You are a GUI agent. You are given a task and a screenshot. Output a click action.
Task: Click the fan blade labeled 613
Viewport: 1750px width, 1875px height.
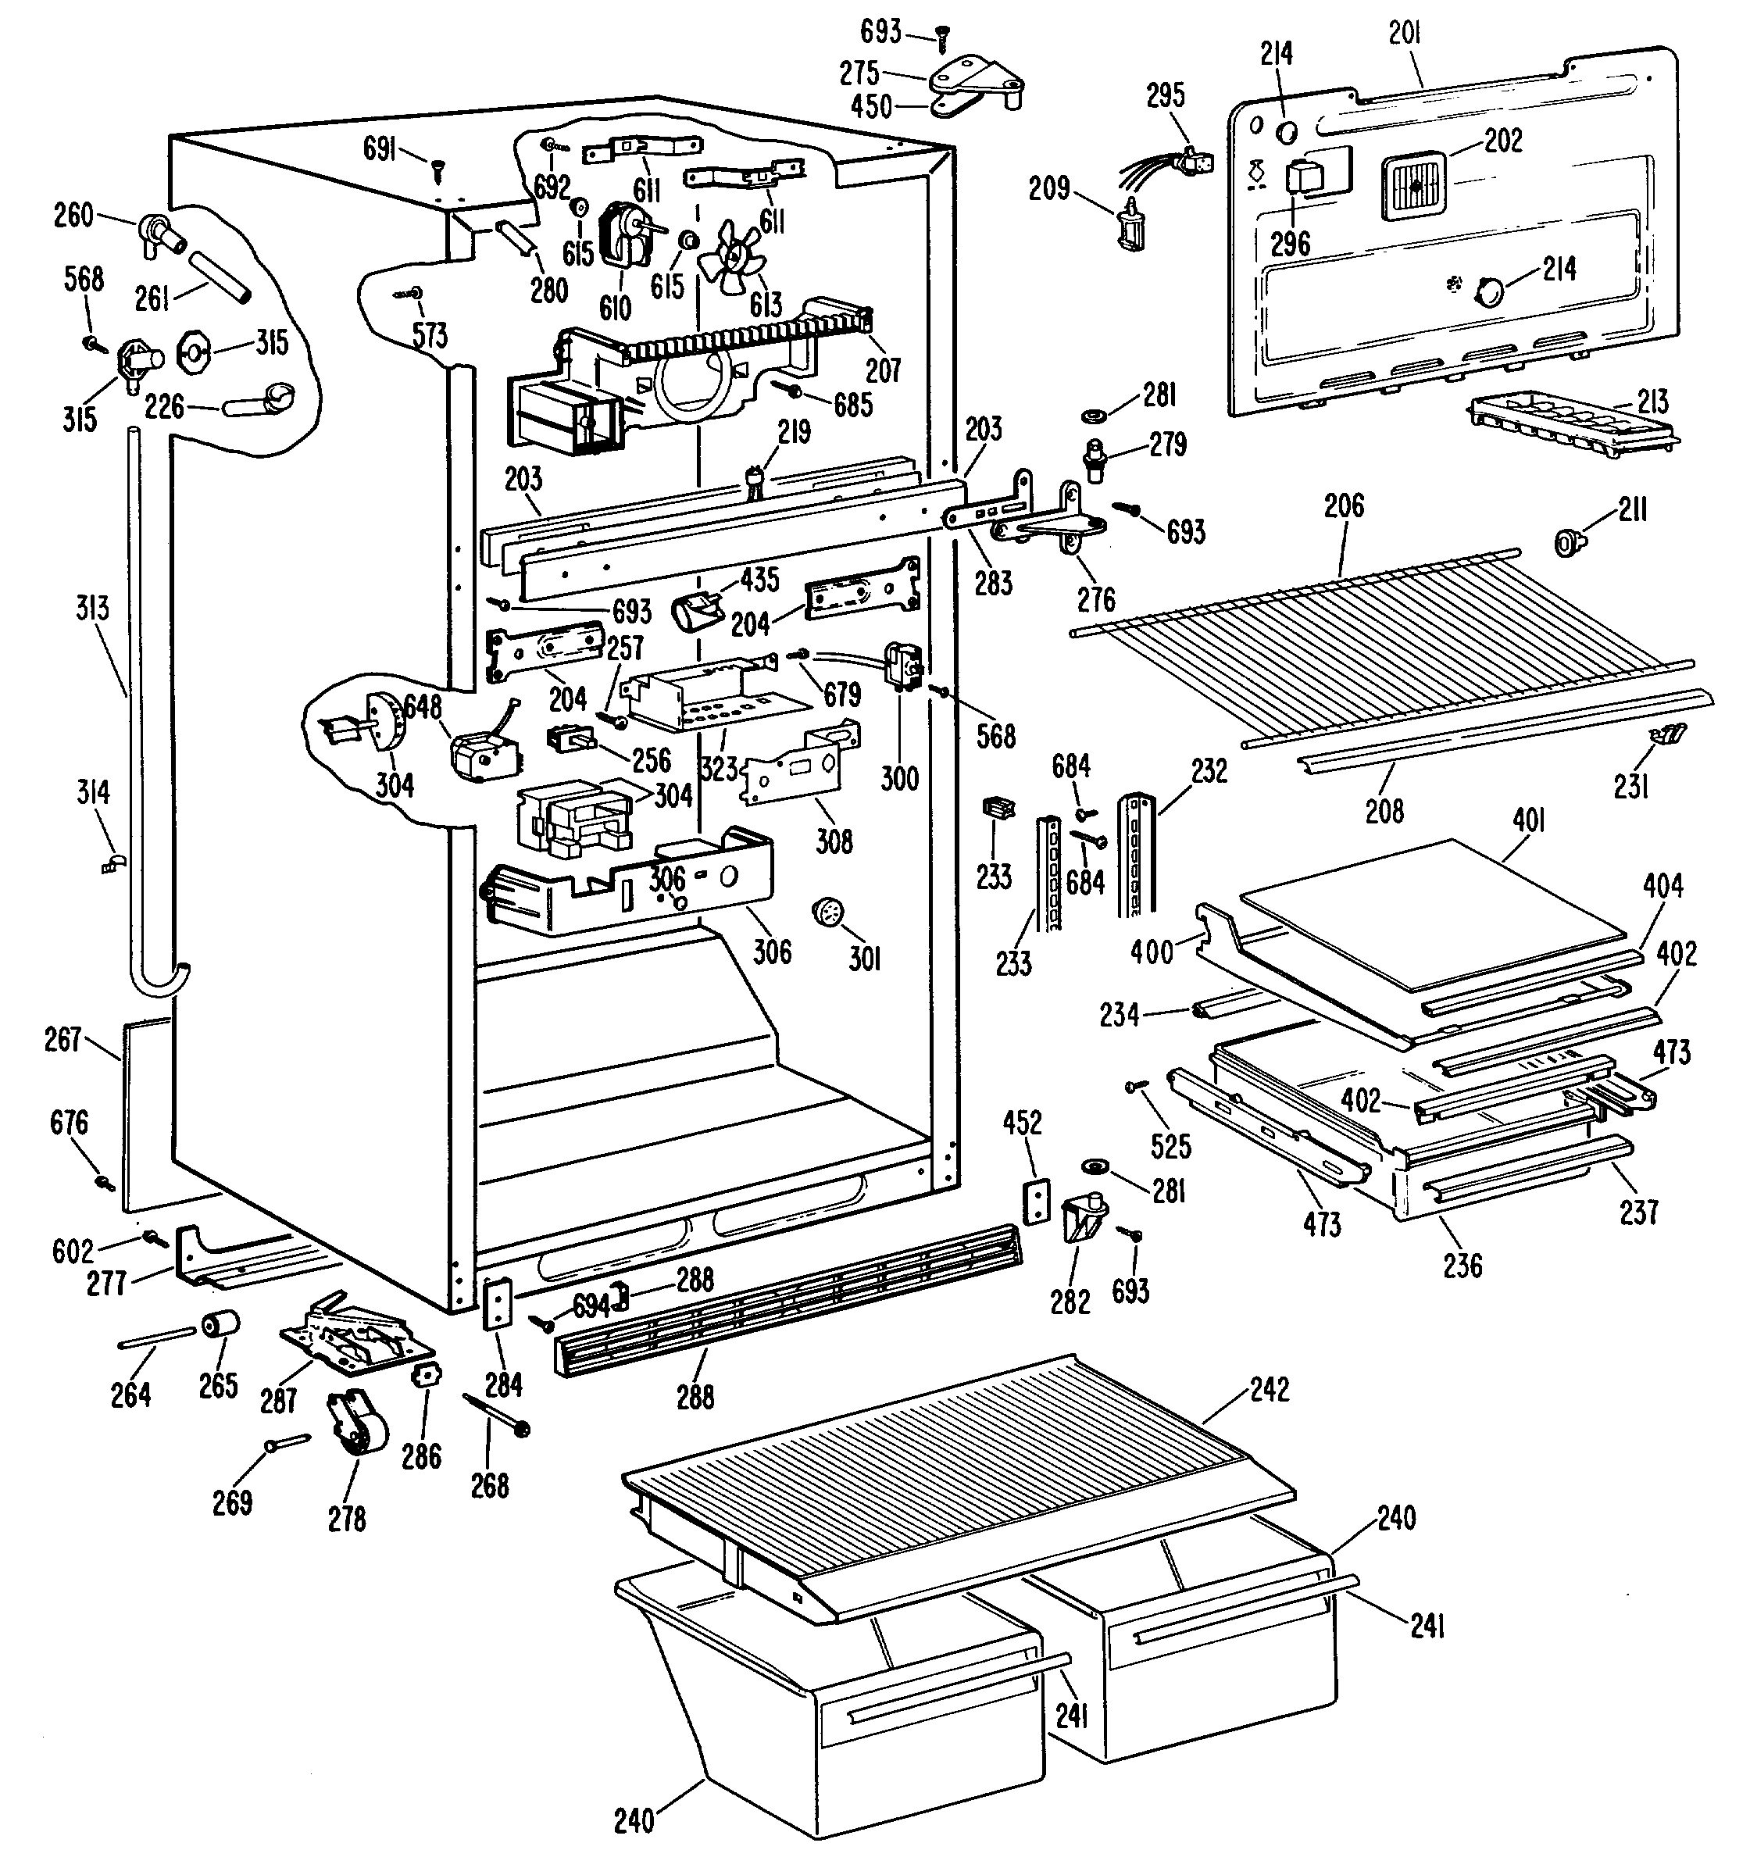pyautogui.click(x=733, y=253)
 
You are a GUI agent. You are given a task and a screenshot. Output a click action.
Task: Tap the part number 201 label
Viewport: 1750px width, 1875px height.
pyautogui.click(x=1405, y=34)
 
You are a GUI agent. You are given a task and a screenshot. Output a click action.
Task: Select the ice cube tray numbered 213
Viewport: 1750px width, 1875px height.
pyautogui.click(x=1573, y=425)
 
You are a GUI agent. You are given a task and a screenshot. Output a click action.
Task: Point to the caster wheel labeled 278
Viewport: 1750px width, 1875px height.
pyautogui.click(x=356, y=1434)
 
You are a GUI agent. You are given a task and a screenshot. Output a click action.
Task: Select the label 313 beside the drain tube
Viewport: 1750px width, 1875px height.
pyautogui.click(x=92, y=609)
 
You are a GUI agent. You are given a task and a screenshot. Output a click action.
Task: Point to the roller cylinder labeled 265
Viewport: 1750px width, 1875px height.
pyautogui.click(x=219, y=1324)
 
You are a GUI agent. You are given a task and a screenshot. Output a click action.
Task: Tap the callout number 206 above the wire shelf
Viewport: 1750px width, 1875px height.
pyautogui.click(x=1345, y=506)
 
